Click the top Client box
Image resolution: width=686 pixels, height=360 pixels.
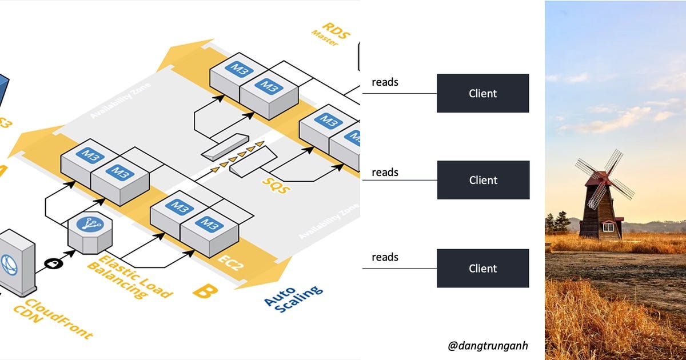pyautogui.click(x=482, y=93)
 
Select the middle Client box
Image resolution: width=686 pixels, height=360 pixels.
pyautogui.click(x=483, y=180)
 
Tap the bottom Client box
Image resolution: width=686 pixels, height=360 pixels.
pyautogui.click(x=482, y=268)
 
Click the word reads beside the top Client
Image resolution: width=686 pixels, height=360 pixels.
pyautogui.click(x=385, y=82)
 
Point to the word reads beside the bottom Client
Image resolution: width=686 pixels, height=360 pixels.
pyautogui.click(x=385, y=257)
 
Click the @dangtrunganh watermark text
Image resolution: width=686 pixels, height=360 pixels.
pyautogui.click(x=488, y=345)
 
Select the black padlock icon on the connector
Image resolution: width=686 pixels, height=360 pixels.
pyautogui.click(x=53, y=263)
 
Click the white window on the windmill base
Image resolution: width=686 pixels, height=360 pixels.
pyautogui.click(x=608, y=227)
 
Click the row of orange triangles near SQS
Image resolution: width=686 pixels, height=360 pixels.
pyautogui.click(x=241, y=154)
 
